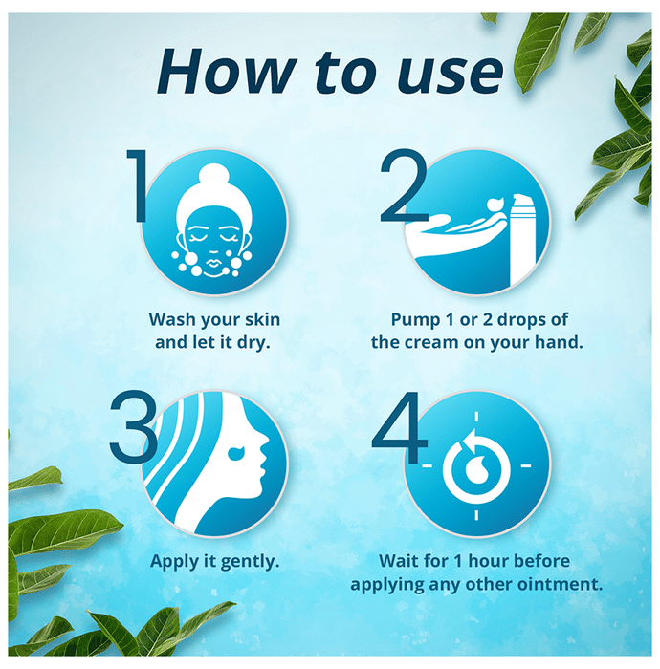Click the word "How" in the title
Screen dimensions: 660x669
pyautogui.click(x=227, y=71)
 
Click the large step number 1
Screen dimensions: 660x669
pyautogui.click(x=137, y=185)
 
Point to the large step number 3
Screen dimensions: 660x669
pyautogui.click(x=133, y=427)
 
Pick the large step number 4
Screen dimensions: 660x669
pyautogui.click(x=400, y=427)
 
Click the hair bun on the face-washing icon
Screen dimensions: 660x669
pyautogui.click(x=213, y=176)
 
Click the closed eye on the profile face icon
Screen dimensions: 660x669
pyautogui.click(x=236, y=453)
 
